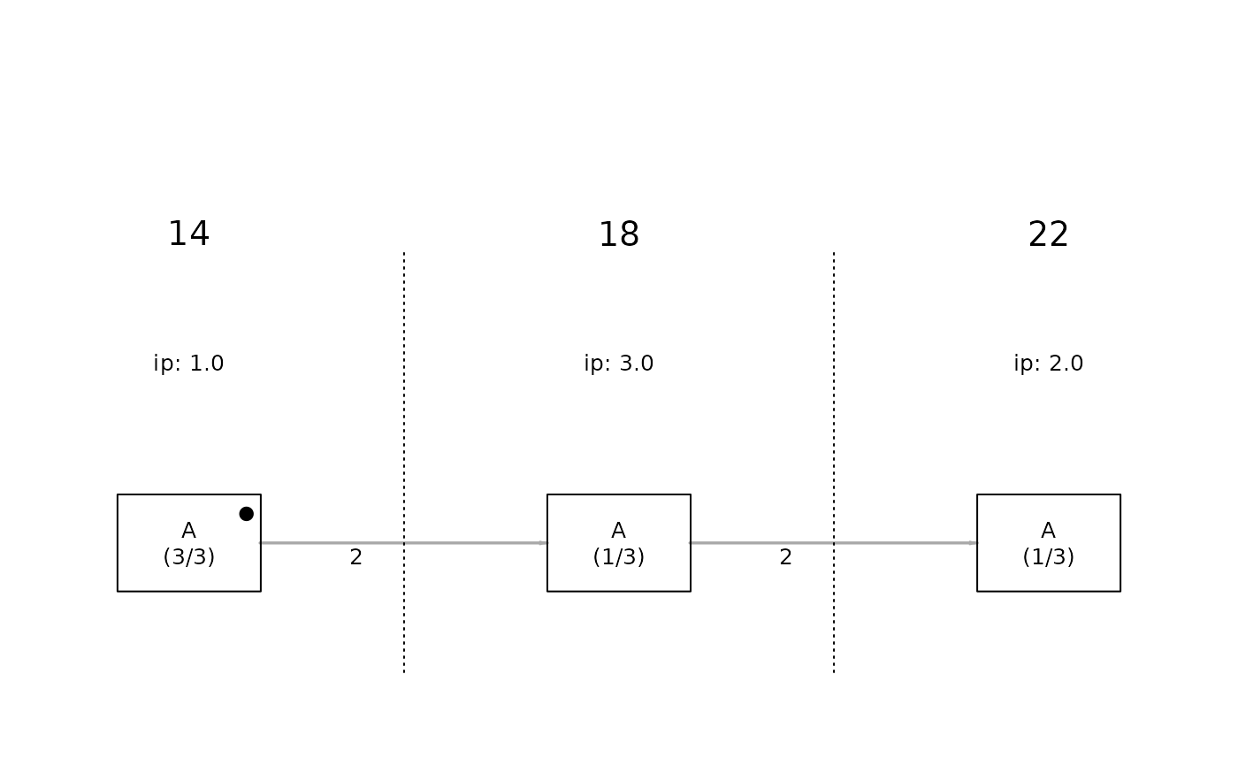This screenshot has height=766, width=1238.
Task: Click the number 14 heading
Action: point(188,234)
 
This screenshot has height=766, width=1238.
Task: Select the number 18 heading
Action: point(619,234)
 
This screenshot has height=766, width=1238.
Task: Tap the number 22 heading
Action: point(1049,234)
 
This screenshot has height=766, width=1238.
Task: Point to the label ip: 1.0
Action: point(188,364)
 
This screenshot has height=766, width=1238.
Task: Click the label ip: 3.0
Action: point(619,364)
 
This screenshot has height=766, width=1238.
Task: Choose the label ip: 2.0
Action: point(1049,364)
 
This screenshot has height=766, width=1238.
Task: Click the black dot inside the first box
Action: point(247,514)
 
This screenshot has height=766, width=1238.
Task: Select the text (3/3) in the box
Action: point(189,556)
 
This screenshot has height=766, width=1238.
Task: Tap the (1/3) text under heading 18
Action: point(619,556)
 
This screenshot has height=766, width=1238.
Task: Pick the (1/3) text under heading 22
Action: point(1049,556)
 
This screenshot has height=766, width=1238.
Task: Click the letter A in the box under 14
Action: point(189,531)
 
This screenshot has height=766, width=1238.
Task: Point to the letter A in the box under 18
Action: point(619,531)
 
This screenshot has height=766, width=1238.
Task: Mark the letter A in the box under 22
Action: point(1049,531)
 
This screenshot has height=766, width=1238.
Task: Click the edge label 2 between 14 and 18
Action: point(355,557)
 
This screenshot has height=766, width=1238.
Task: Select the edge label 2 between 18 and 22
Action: point(786,557)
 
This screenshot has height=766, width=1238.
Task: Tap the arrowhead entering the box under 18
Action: point(543,543)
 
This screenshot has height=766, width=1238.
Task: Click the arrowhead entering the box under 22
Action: point(974,543)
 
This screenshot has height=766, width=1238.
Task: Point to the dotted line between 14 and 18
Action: point(404,463)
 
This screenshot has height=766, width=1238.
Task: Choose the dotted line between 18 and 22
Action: point(834,463)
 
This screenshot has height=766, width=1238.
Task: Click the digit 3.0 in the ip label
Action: point(637,364)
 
